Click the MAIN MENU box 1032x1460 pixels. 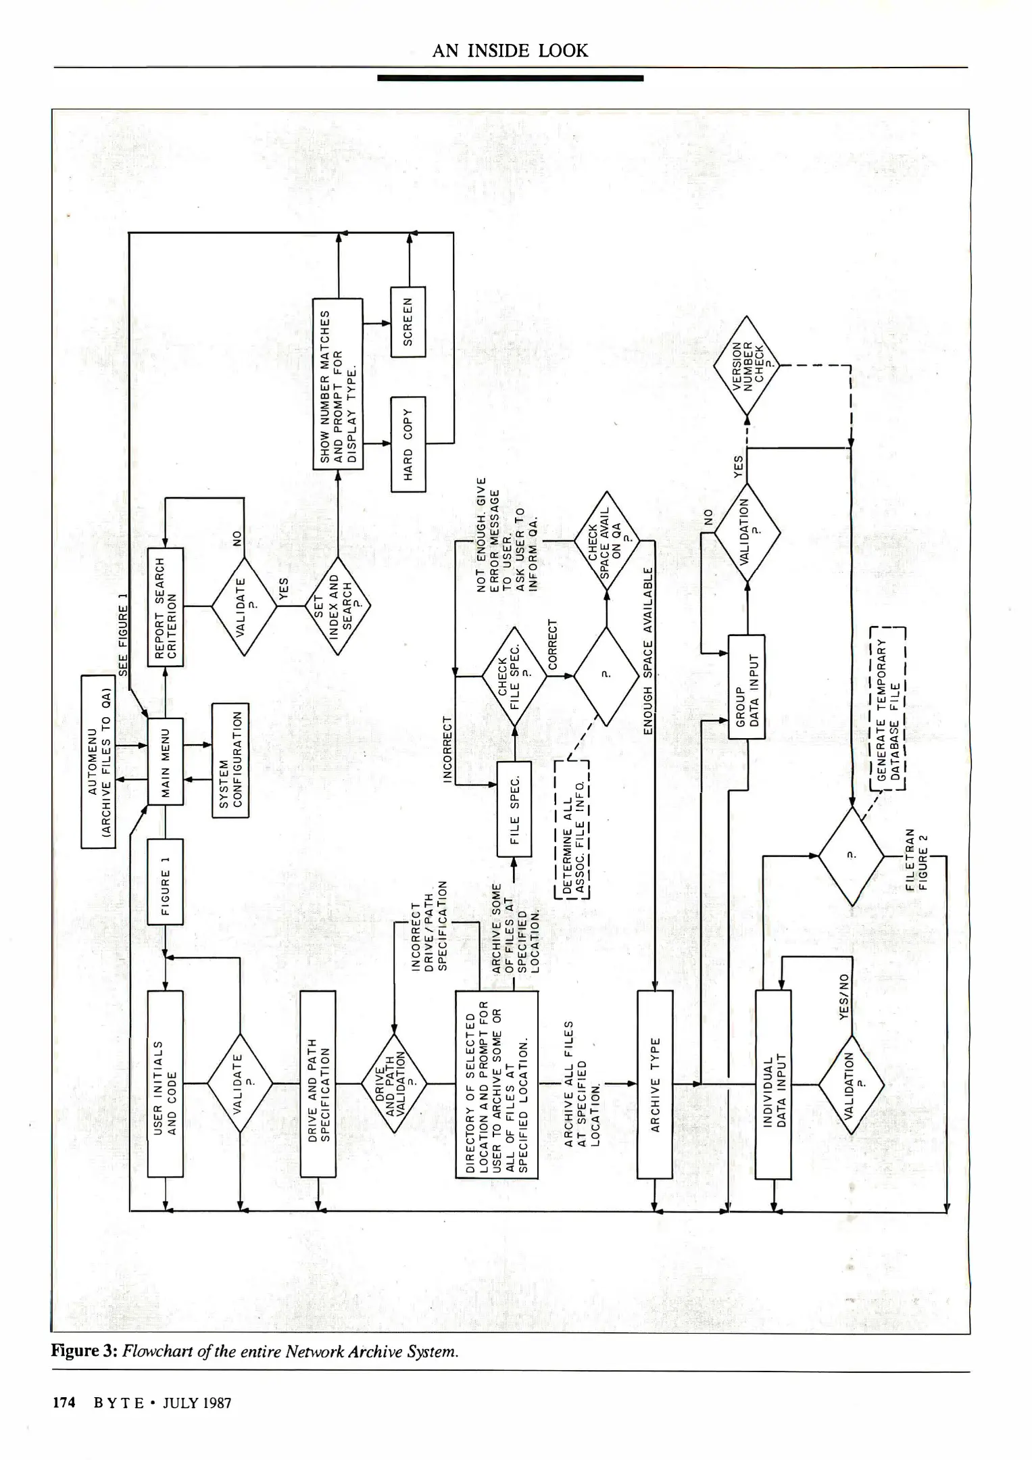tap(166, 761)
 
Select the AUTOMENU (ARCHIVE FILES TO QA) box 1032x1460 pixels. tap(99, 761)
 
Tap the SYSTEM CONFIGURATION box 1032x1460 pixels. tap(230, 760)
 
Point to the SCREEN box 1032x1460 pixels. tap(408, 322)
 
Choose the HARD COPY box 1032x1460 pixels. tap(408, 444)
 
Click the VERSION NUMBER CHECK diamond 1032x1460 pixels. tap(747, 366)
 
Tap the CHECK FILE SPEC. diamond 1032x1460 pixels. tap(514, 675)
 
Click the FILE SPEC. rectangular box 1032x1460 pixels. tap(514, 809)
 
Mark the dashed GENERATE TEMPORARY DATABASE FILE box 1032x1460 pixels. tap(887, 709)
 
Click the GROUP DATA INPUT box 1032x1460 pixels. tap(747, 687)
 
